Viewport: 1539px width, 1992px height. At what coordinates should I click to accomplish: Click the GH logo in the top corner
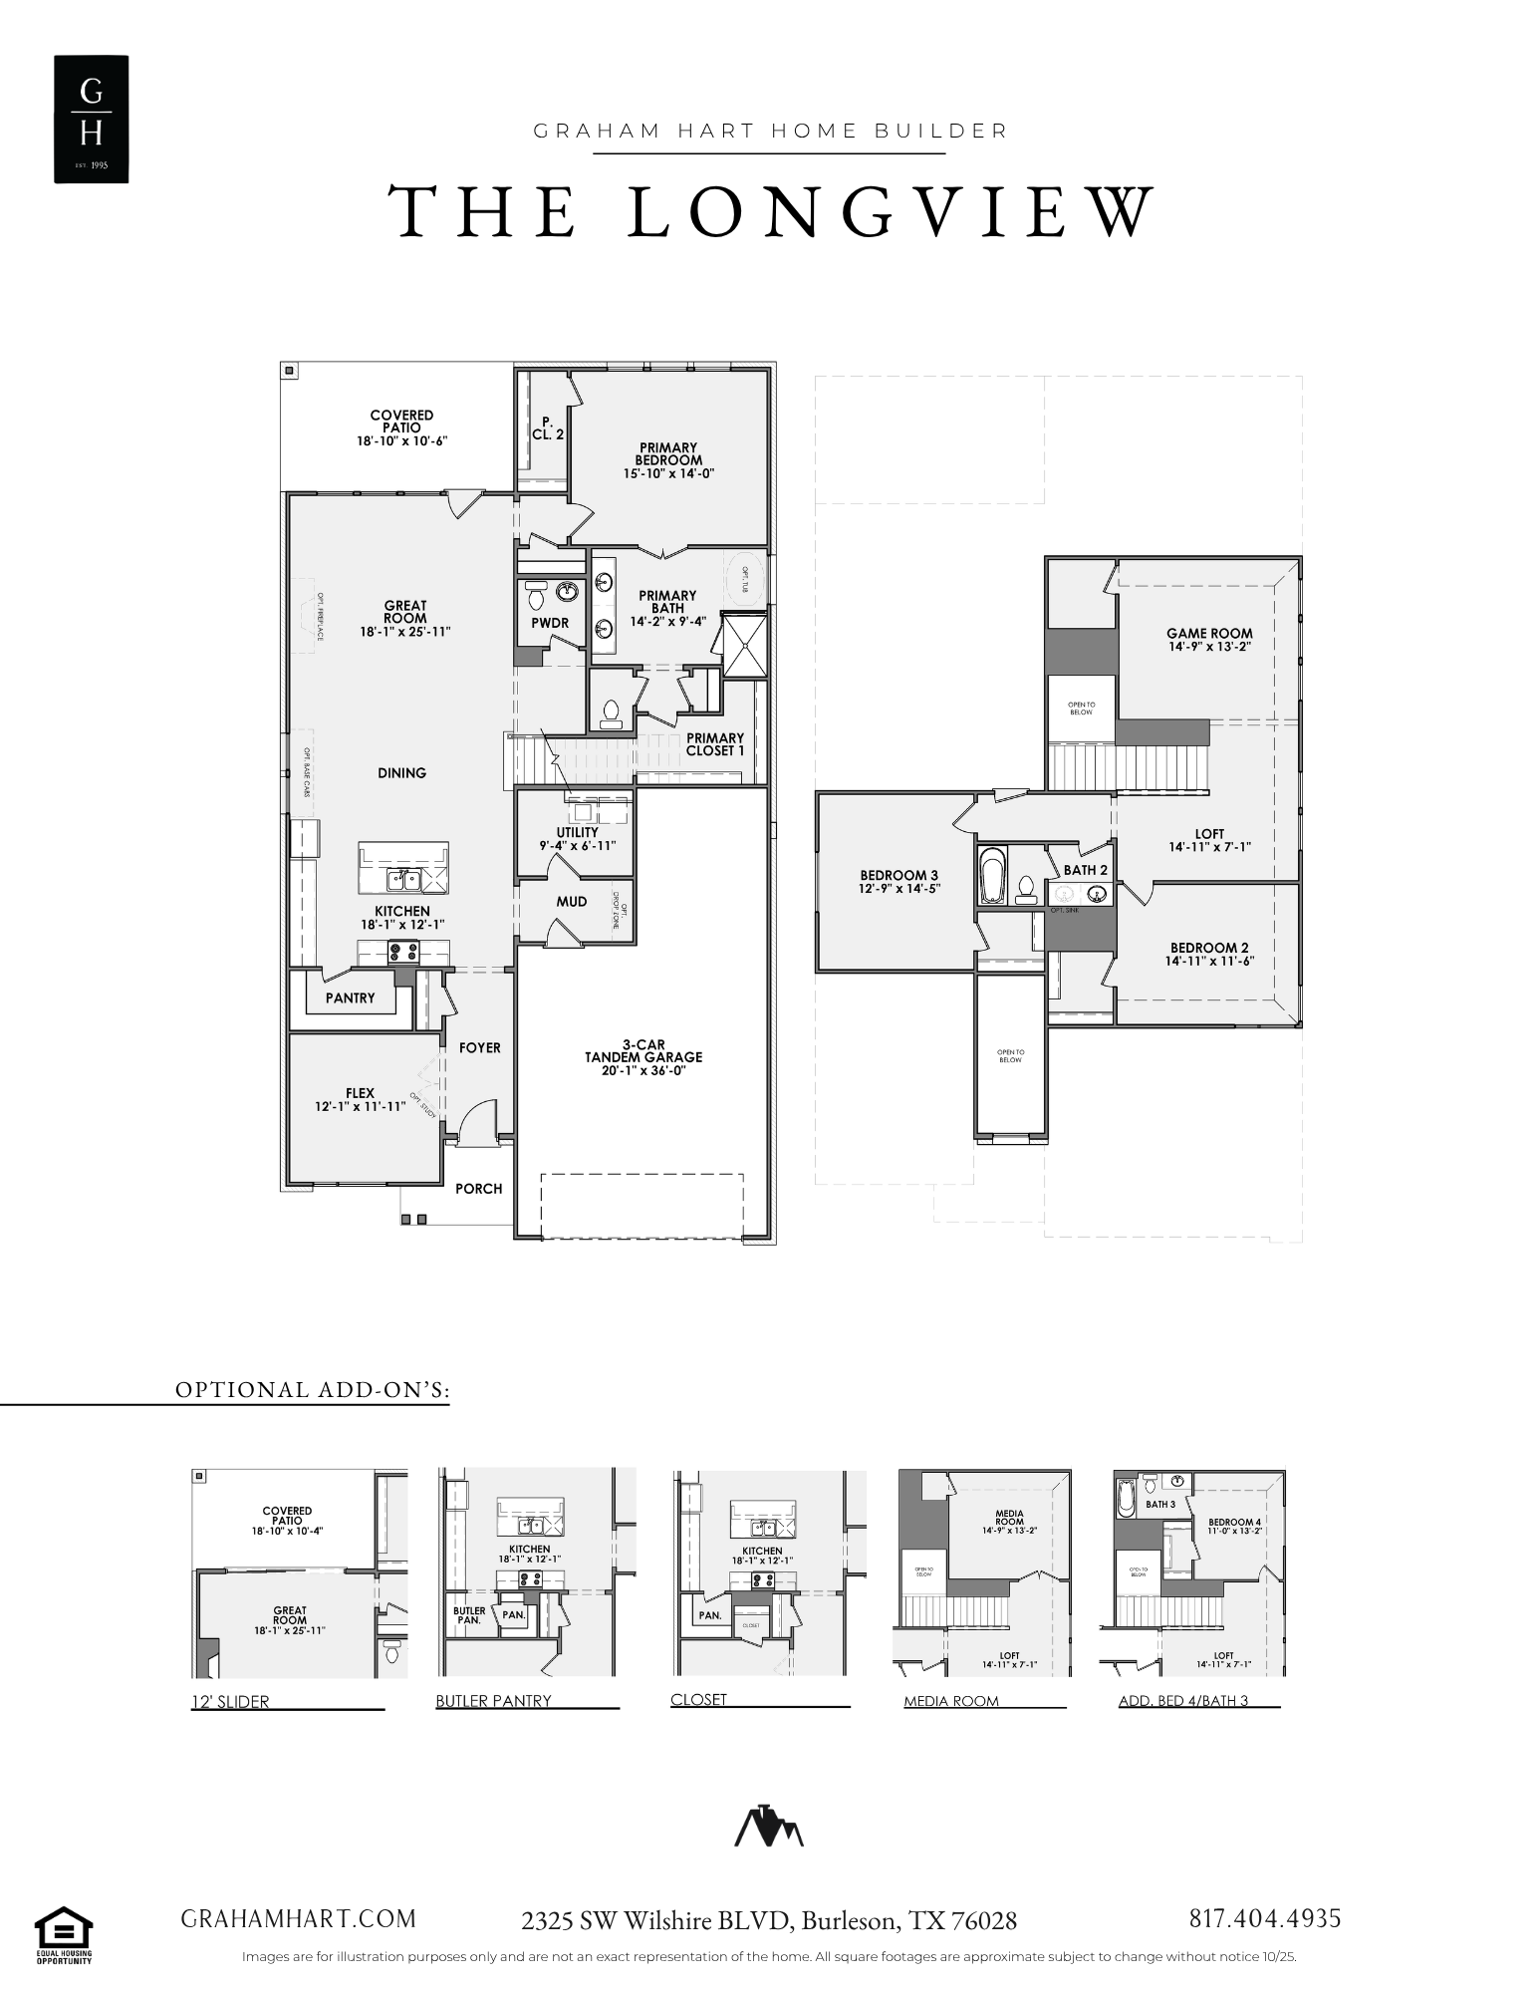(91, 119)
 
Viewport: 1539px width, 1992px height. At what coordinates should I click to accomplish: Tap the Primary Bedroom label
(668, 454)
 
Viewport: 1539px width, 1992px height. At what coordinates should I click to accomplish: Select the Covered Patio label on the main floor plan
(401, 422)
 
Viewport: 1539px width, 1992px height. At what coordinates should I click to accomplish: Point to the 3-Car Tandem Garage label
(642, 1050)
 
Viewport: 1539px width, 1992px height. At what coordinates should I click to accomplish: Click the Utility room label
(578, 832)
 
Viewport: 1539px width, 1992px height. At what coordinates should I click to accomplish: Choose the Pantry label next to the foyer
(350, 997)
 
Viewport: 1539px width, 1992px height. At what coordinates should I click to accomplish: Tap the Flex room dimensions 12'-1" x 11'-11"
(360, 1106)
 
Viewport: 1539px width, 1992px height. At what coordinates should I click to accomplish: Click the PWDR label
(550, 623)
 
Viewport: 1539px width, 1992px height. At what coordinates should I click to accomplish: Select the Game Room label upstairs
(1209, 633)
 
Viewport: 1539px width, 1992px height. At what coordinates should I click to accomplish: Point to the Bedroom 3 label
(899, 875)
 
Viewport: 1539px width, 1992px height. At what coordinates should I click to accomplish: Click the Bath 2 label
(1085, 870)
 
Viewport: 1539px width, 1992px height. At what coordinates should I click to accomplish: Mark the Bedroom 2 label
(1209, 948)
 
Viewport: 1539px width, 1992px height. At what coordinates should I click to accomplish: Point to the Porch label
(479, 1188)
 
